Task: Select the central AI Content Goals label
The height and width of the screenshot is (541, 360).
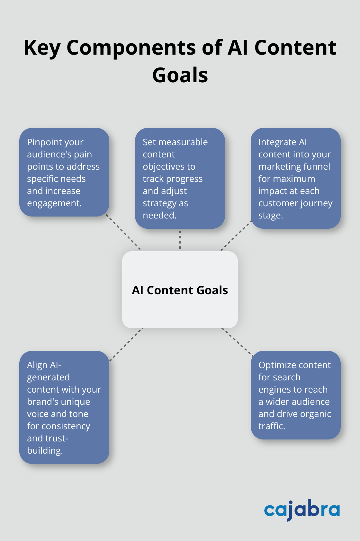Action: click(180, 290)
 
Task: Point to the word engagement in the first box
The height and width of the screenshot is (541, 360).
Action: click(54, 203)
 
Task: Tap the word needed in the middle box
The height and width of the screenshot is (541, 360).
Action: click(159, 215)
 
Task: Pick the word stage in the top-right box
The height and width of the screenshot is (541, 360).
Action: click(270, 216)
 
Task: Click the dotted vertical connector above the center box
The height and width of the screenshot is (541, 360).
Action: click(180, 240)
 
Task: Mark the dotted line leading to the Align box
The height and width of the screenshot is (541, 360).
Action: click(125, 344)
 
